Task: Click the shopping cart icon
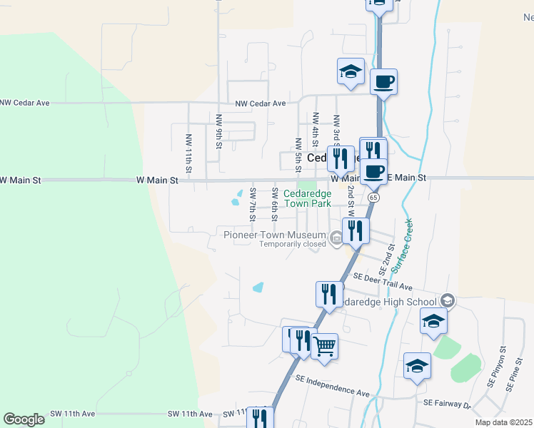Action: coord(325,347)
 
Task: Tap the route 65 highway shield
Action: coord(374,196)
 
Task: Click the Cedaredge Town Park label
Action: coord(308,198)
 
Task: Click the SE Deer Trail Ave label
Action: coord(383,282)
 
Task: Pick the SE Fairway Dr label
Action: coord(447,404)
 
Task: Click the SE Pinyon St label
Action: coord(492,372)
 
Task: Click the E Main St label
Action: coord(405,177)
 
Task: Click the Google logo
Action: coord(24,419)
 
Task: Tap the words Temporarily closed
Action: coord(292,244)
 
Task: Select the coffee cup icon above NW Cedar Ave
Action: coord(383,81)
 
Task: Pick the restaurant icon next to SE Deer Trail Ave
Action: coord(329,292)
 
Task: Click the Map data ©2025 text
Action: coord(503,422)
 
